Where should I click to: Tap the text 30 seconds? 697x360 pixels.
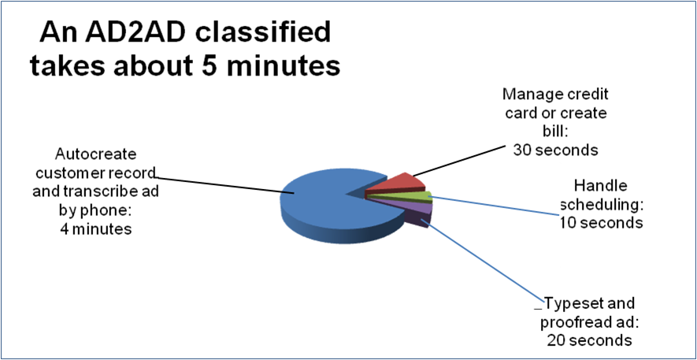(x=555, y=148)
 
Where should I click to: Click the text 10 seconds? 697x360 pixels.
(x=601, y=222)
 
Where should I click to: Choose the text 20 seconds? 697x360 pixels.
(x=589, y=340)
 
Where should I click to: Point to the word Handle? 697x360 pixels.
(x=601, y=187)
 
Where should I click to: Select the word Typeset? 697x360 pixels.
(x=569, y=304)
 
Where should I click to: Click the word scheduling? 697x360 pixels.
(x=602, y=205)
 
